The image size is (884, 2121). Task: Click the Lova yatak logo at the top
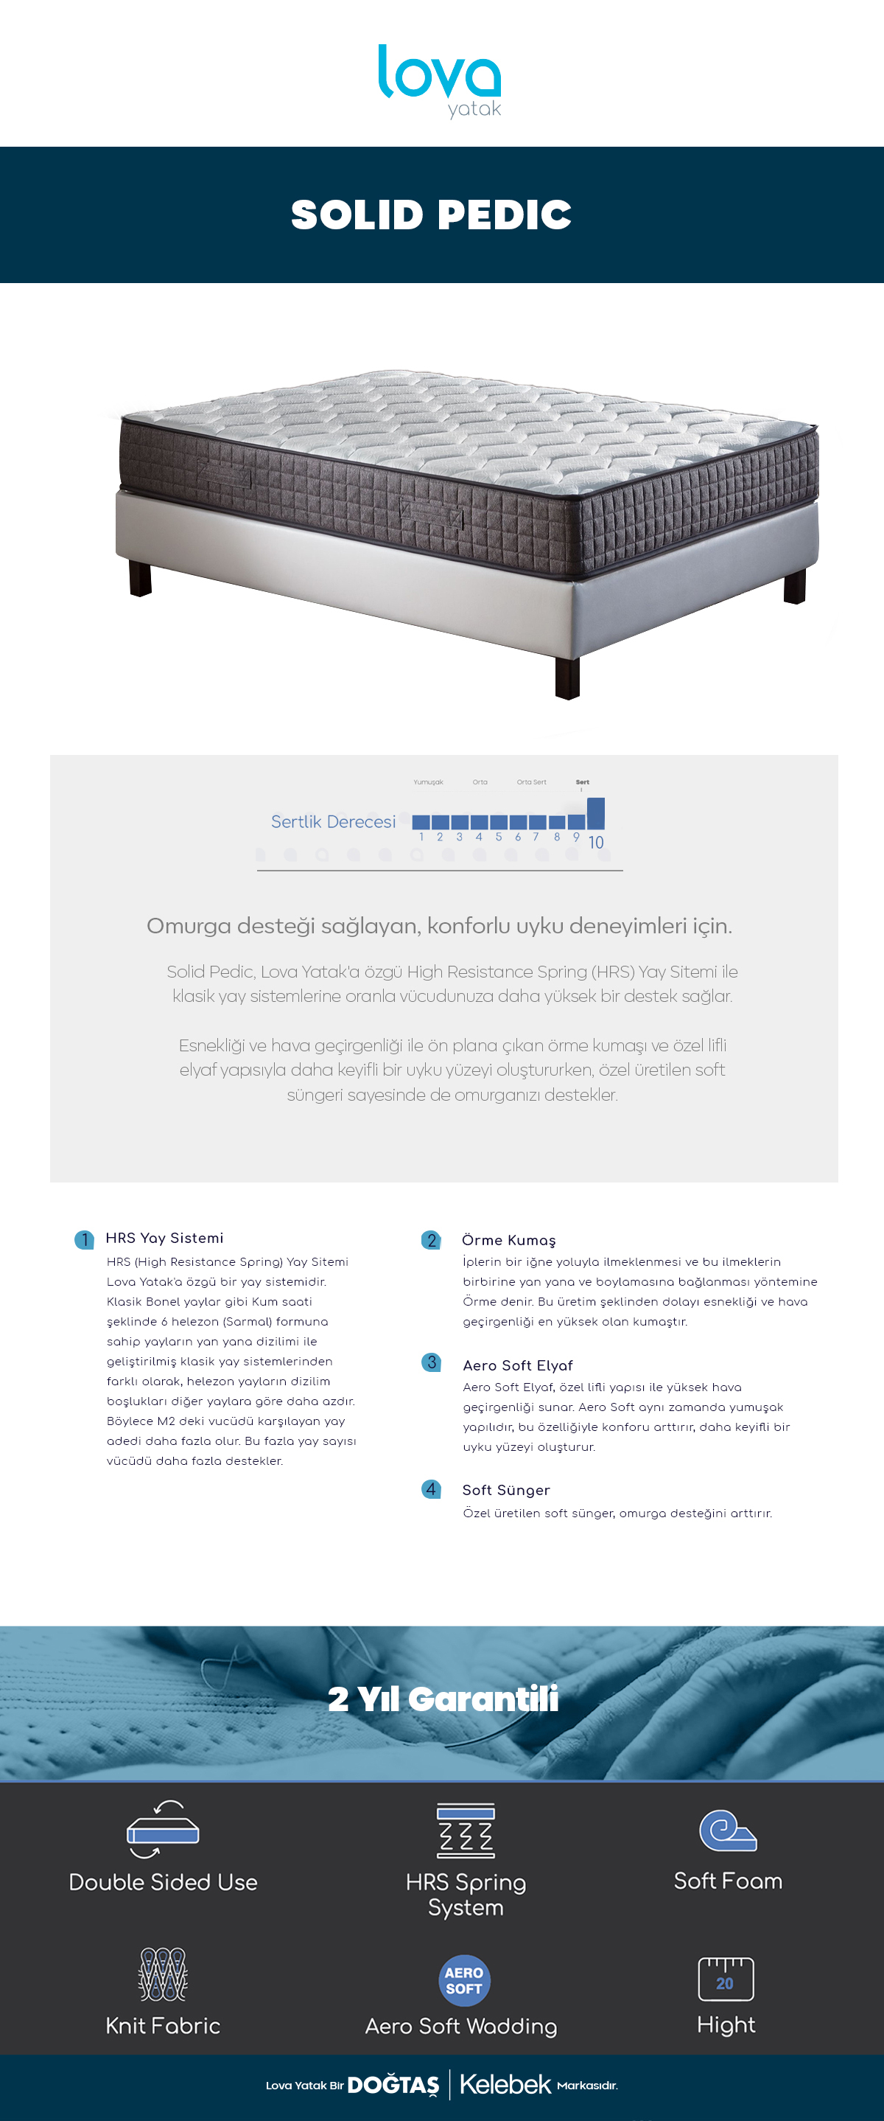[440, 80]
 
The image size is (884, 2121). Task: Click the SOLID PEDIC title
[431, 215]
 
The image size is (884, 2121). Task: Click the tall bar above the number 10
[596, 812]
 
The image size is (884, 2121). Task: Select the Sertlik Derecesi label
[334, 822]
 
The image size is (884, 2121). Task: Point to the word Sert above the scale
[582, 782]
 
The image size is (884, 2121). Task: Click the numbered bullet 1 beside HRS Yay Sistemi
[84, 1239]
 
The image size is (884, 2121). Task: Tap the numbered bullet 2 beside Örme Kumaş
[431, 1240]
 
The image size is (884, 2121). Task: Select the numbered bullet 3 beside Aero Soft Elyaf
[431, 1362]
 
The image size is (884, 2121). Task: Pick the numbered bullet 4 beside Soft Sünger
[430, 1488]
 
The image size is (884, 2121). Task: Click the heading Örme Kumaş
[509, 1240]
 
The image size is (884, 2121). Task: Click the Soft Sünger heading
[506, 1490]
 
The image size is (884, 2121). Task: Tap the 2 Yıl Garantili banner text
[443, 1699]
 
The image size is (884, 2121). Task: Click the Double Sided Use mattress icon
[163, 1830]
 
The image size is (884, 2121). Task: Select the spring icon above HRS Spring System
[466, 1831]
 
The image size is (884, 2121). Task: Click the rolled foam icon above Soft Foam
[728, 1831]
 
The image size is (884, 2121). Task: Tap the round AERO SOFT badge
[464, 1980]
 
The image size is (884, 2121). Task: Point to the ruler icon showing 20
[726, 1979]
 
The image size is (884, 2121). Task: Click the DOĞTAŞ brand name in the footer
[393, 2085]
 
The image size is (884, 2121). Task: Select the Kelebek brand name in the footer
[505, 2084]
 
